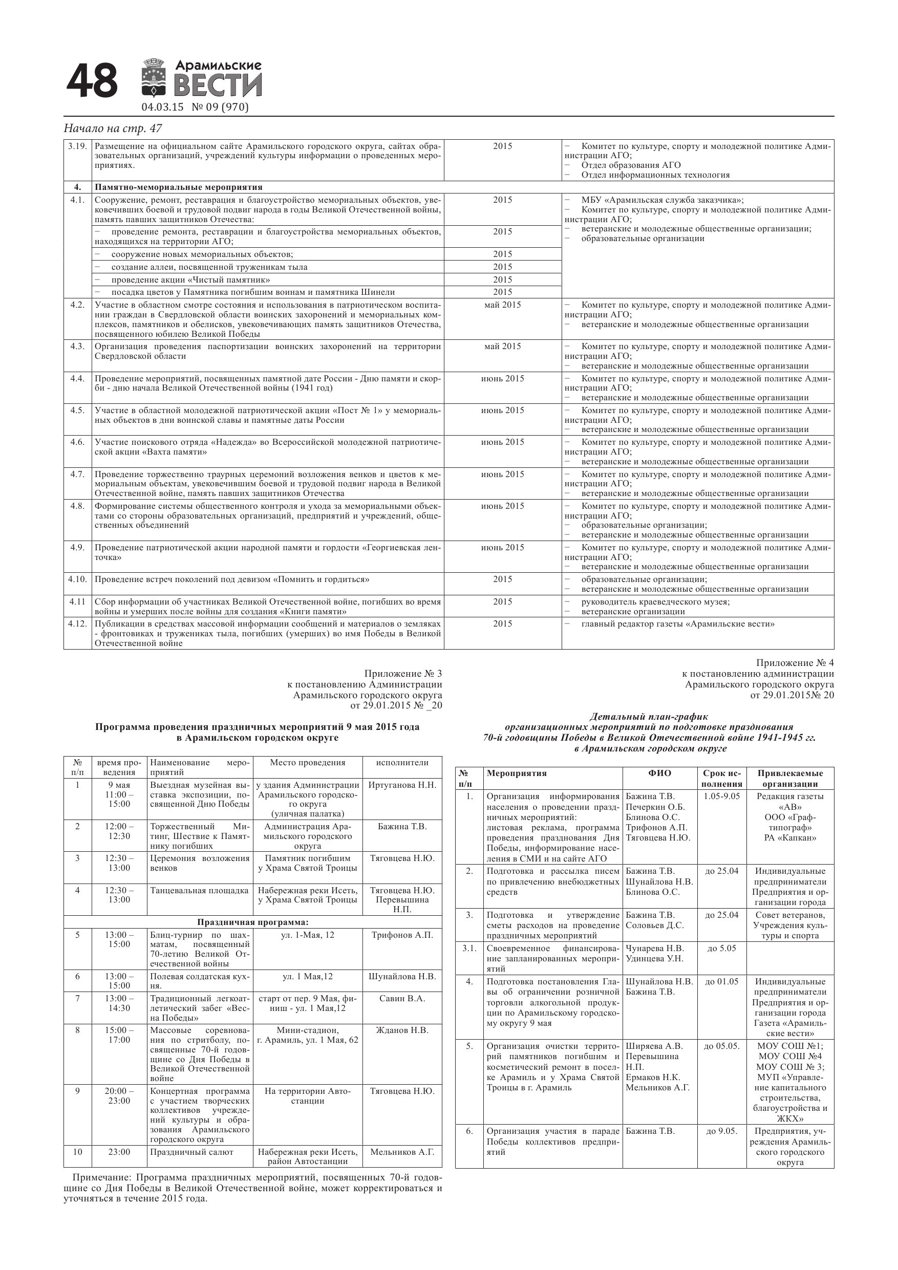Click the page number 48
[92, 81]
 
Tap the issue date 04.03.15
[162, 107]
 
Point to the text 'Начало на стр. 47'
[114, 128]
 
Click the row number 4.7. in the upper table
[77, 474]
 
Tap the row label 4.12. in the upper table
[77, 624]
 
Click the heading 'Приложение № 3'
[403, 674]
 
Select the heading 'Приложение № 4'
[795, 663]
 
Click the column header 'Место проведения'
[307, 763]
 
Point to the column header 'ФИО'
[659, 773]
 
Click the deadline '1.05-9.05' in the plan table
[721, 797]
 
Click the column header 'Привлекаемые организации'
[789, 778]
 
